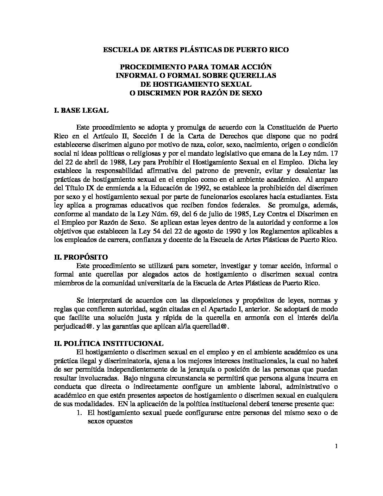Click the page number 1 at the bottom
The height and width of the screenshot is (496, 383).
pos(337,447)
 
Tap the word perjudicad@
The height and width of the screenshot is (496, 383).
pos(74,326)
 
